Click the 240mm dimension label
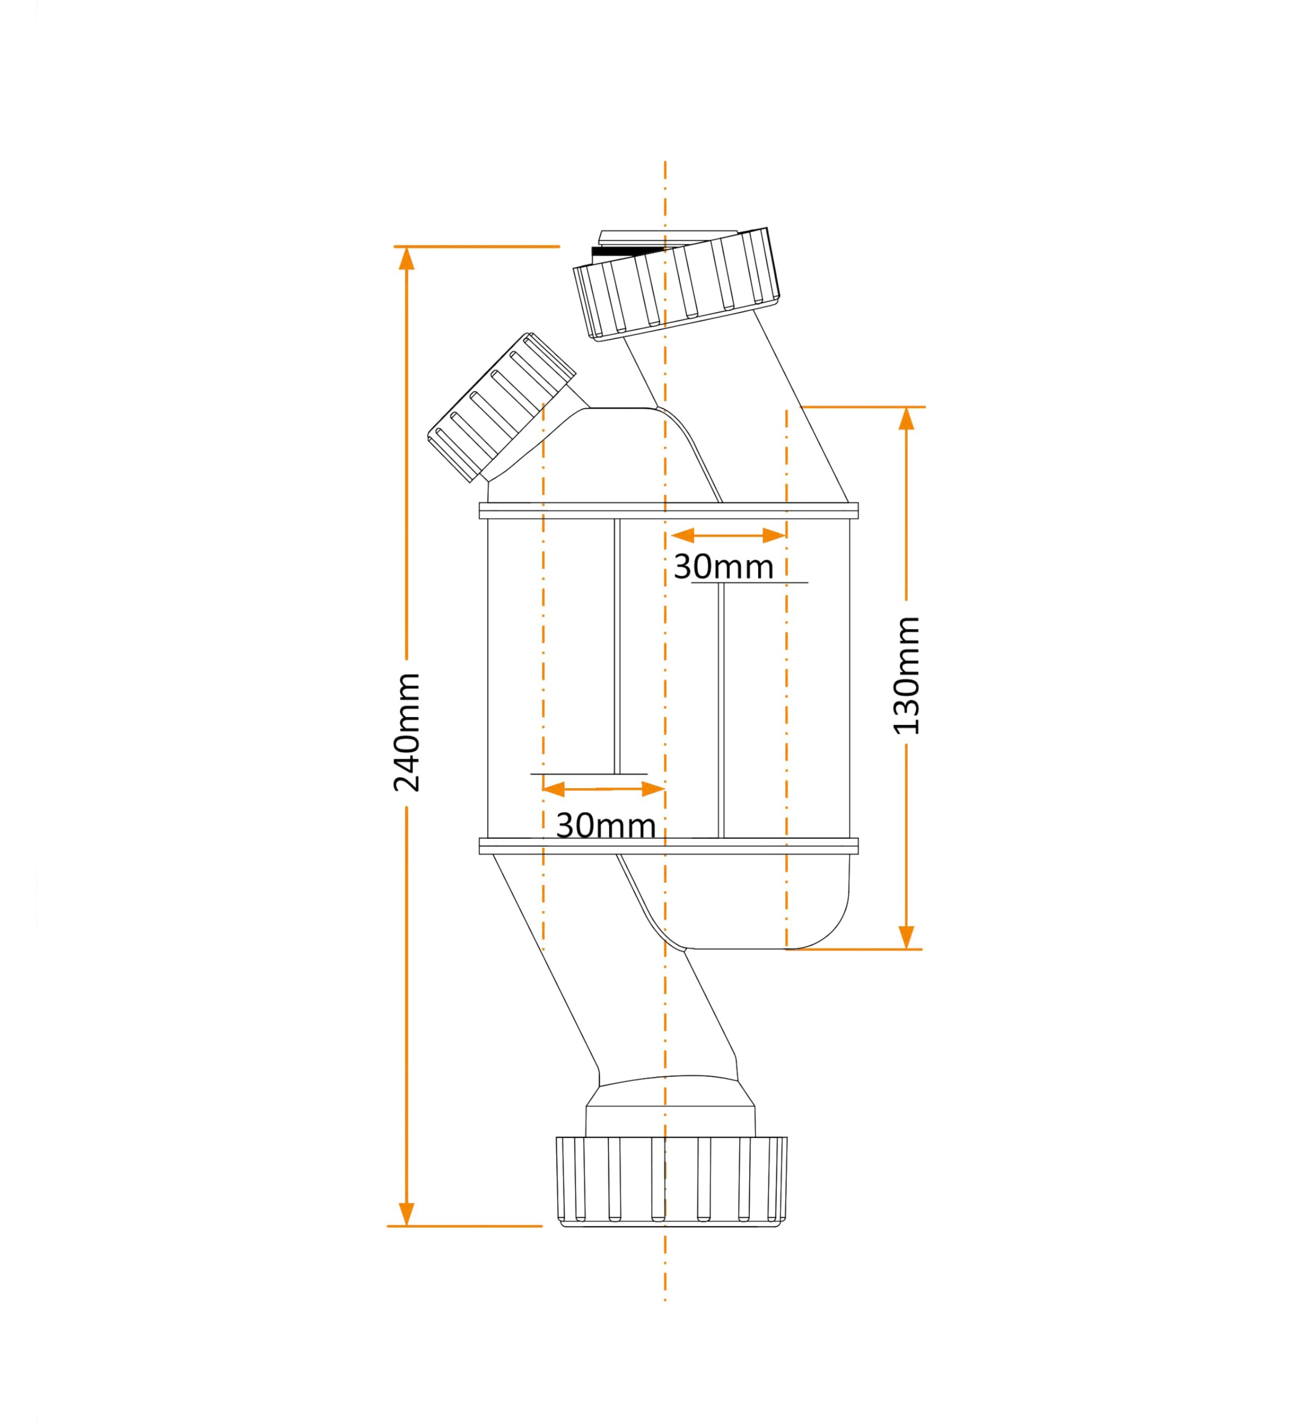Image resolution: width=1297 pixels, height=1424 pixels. tap(408, 733)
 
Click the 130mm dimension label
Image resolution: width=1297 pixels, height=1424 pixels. tap(907, 676)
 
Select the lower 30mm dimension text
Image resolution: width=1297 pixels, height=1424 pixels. tap(606, 825)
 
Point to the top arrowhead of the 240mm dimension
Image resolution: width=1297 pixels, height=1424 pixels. tap(406, 259)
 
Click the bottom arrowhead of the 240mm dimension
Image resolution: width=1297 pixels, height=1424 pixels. tap(406, 1214)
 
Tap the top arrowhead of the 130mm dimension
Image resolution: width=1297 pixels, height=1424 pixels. tap(907, 419)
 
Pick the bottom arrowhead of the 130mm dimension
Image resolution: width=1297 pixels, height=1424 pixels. tap(907, 937)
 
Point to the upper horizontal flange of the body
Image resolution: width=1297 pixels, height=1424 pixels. tap(669, 511)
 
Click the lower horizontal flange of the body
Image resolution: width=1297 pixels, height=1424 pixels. tap(669, 846)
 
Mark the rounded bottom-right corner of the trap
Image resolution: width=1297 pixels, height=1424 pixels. tap(830, 928)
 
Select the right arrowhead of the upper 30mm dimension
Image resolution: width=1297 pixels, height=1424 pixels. tap(774, 536)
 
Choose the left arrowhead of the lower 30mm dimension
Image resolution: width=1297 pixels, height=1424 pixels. tap(554, 789)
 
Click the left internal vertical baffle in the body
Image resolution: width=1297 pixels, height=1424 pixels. tap(617, 646)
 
